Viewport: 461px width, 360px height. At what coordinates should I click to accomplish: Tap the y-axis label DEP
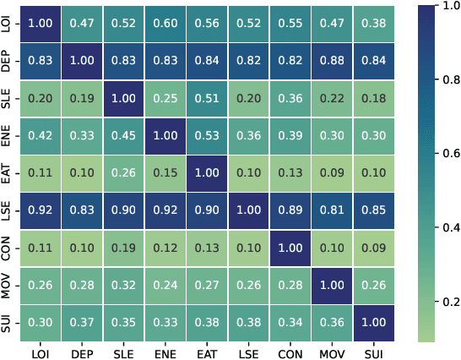pos(8,62)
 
